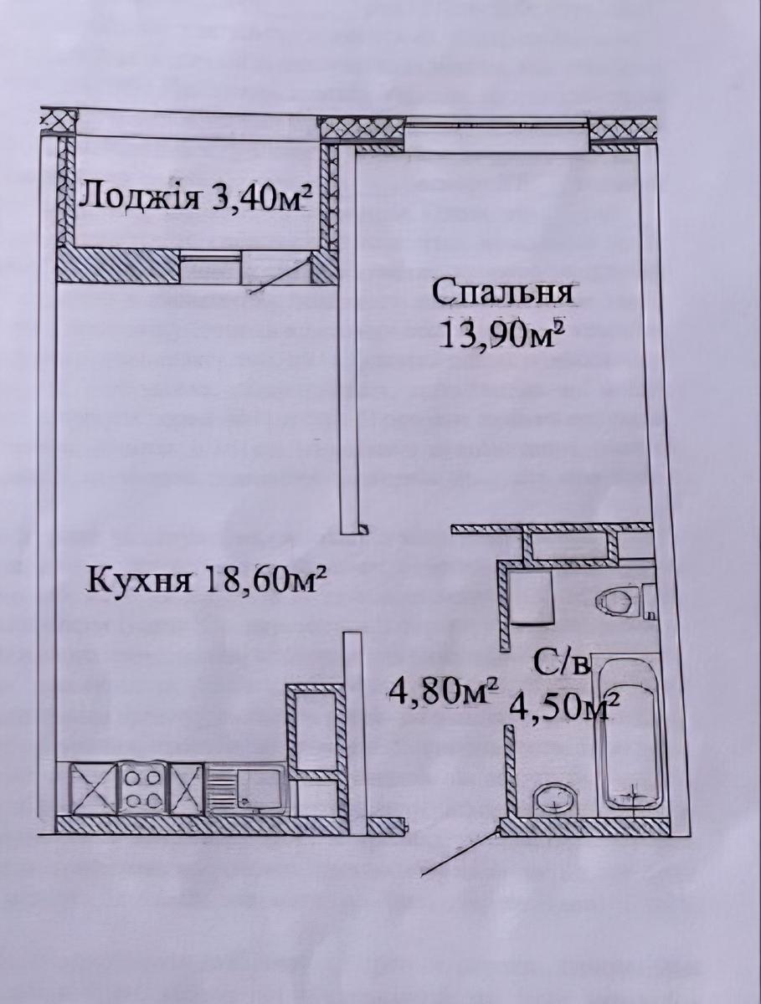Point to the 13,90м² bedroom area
point(499,336)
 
